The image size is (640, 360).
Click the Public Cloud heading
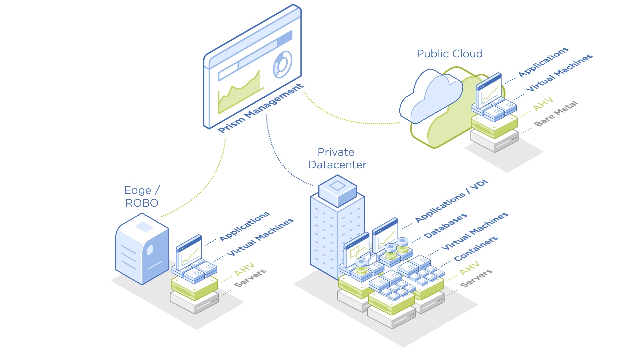[x=450, y=54]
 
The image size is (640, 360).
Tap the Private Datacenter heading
[x=337, y=158]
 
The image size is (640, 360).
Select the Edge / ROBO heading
[x=142, y=197]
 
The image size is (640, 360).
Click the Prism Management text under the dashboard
[x=261, y=108]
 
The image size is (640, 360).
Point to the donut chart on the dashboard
[x=282, y=64]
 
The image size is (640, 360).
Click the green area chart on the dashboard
[x=240, y=93]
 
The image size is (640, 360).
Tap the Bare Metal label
[x=556, y=114]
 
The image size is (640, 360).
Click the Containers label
[x=476, y=248]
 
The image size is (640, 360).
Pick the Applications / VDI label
[x=451, y=201]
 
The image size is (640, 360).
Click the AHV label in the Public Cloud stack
[x=543, y=104]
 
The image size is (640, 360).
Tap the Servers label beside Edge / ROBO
[x=250, y=278]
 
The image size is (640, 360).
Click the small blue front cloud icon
[x=432, y=95]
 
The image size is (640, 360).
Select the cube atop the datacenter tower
[x=337, y=191]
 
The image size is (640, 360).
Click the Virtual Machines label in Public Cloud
[x=559, y=72]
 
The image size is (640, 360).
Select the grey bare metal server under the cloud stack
[x=494, y=141]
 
